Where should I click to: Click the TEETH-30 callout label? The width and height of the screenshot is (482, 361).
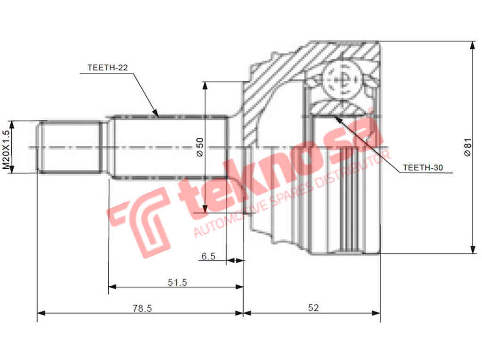(x=422, y=167)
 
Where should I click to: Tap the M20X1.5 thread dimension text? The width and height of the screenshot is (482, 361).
(x=6, y=149)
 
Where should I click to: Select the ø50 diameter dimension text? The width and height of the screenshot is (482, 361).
(x=200, y=147)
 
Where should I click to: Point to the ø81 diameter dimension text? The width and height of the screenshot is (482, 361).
(x=467, y=147)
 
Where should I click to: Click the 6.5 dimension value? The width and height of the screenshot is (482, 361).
(x=208, y=256)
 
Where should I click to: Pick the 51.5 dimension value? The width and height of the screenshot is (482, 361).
(x=177, y=282)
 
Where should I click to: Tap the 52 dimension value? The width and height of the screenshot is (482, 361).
(x=313, y=308)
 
